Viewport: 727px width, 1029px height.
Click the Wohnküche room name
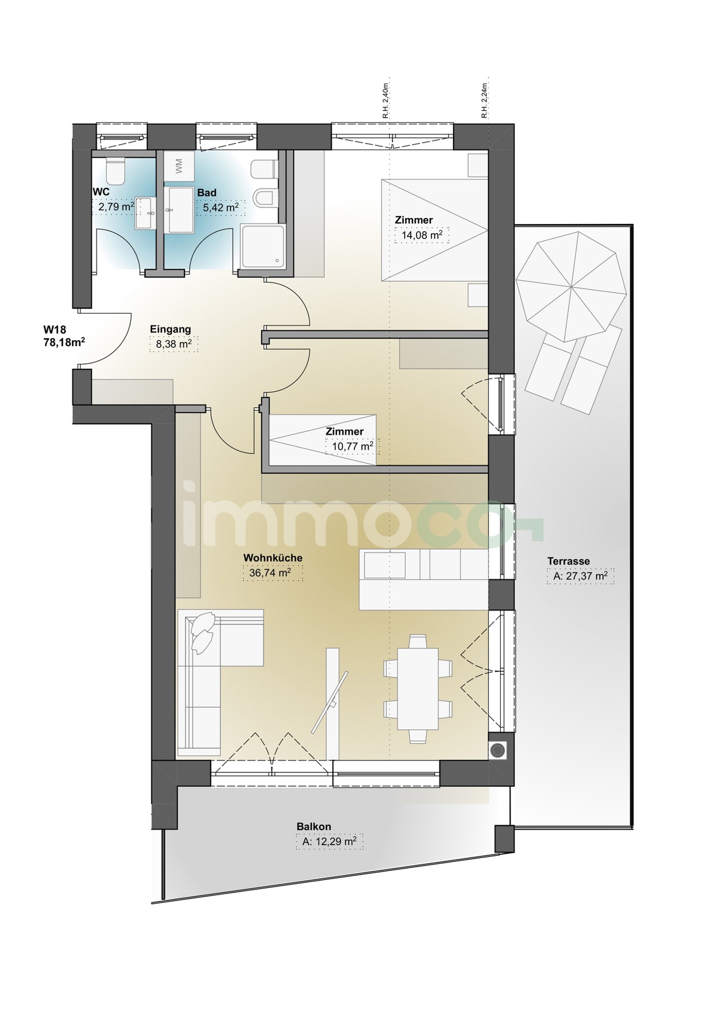tap(273, 558)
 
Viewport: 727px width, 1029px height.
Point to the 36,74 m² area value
tap(270, 573)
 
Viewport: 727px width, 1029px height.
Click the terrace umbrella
tap(571, 286)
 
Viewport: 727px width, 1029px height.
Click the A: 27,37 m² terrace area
tap(580, 576)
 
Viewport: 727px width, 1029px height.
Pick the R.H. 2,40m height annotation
tap(385, 101)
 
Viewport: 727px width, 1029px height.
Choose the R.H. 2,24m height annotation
tap(485, 101)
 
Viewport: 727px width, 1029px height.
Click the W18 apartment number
tap(55, 329)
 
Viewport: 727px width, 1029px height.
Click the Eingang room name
tap(170, 329)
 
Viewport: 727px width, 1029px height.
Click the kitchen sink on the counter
tap(384, 565)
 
